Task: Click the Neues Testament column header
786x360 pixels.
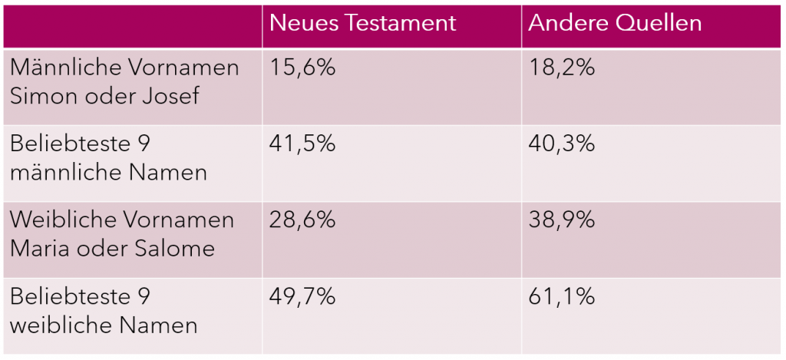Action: pos(362,23)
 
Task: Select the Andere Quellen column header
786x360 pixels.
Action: pos(615,23)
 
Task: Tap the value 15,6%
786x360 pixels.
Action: pos(302,68)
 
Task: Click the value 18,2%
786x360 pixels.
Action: pos(562,68)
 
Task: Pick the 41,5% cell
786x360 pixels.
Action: pos(302,144)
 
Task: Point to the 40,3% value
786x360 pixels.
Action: pos(562,144)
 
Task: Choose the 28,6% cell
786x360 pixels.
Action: pos(302,220)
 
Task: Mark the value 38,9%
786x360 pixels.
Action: pos(562,220)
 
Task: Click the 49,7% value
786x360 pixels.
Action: pos(302,296)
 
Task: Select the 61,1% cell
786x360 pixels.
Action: pos(562,296)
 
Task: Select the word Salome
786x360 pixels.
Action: pos(172,248)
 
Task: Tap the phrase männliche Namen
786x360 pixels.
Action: pos(108,172)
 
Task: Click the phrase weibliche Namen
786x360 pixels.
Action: pos(104,325)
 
